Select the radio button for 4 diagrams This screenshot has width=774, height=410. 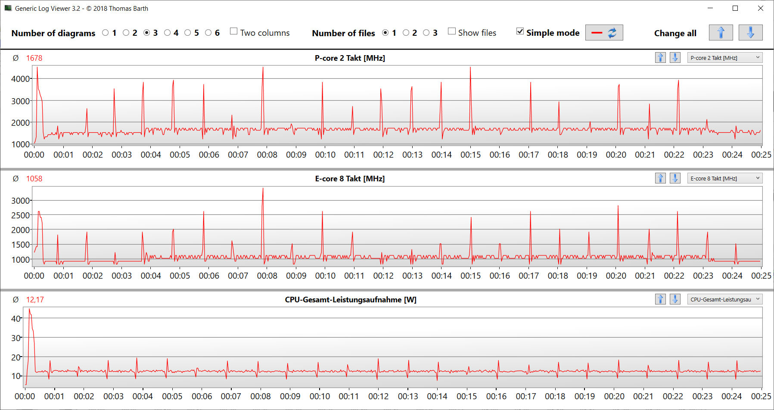pos(168,33)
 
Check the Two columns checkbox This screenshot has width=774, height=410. pos(234,31)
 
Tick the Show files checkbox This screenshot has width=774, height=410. pos(452,31)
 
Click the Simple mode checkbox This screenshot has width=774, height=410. pos(520,31)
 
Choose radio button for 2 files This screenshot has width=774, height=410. pos(406,33)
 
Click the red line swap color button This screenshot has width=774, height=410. pos(604,33)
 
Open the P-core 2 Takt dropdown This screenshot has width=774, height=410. pos(724,58)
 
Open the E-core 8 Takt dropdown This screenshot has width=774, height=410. pos(724,178)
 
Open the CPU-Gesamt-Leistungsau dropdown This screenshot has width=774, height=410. pos(724,299)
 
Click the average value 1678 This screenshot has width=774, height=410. pos(34,58)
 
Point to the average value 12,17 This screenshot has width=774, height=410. pos(35,300)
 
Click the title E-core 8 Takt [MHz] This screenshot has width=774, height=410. pos(350,179)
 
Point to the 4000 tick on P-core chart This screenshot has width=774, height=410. pos(20,79)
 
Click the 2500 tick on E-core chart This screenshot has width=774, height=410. pos(20,215)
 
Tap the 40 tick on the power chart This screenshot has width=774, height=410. pos(16,319)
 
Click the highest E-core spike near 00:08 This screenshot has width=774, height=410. pos(263,189)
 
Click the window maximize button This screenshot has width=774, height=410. pos(735,8)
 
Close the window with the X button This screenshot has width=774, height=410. pos(761,8)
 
